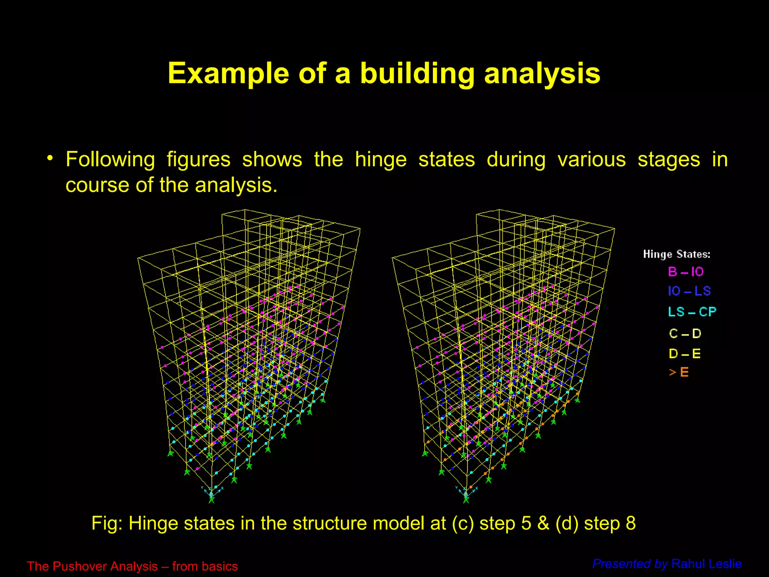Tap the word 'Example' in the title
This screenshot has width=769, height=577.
228,73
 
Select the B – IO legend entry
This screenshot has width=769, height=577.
686,272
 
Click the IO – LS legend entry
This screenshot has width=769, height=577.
689,291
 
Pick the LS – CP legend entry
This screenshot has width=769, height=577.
692,312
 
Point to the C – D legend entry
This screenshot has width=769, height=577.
685,333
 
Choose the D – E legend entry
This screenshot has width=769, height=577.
685,353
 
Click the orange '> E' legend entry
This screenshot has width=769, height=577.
679,372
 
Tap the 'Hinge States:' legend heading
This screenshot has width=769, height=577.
677,254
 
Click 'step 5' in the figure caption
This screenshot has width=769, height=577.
505,523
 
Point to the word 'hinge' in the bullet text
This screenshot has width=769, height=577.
381,159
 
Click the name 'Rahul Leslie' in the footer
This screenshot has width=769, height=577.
706,564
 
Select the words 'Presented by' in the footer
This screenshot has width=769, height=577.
630,564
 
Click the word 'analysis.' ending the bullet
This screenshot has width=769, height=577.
236,185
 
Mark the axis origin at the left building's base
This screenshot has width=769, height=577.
211,494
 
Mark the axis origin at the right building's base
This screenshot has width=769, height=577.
466,494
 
